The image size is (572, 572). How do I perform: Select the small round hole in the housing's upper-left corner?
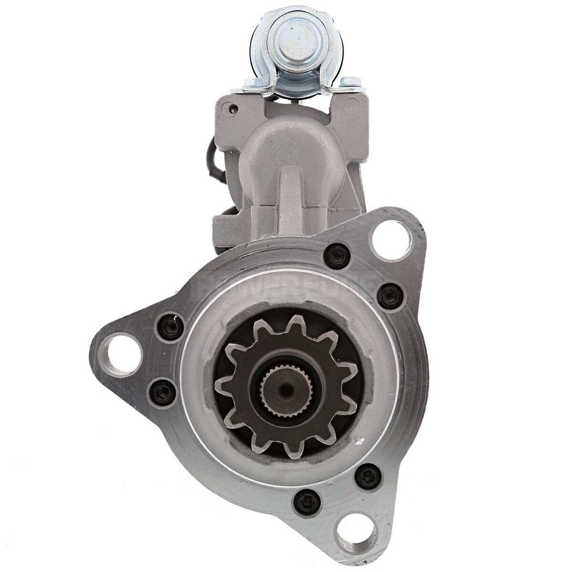232,108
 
